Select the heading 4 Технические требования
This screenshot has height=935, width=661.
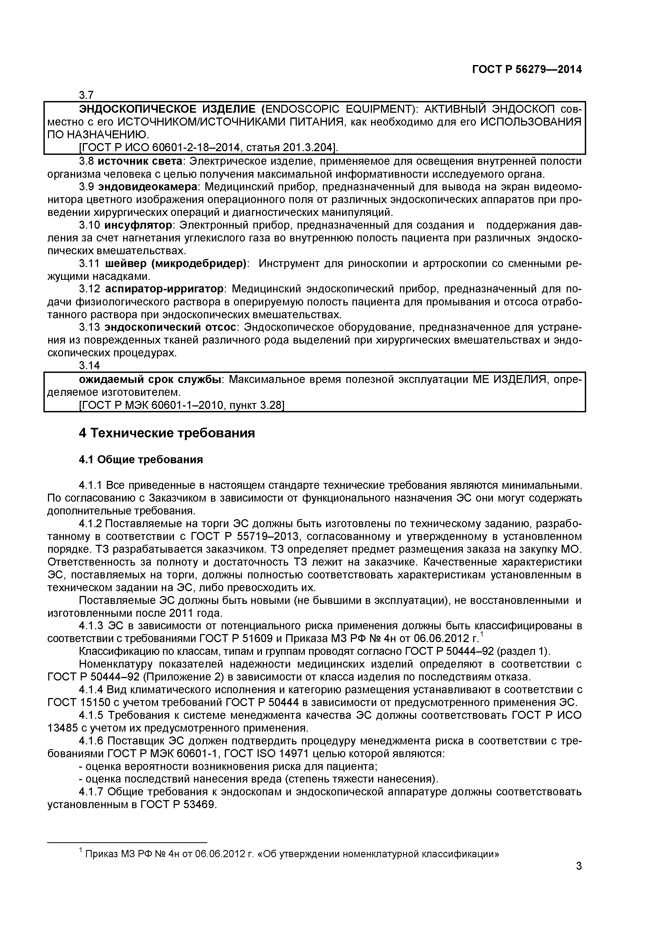tap(167, 433)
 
